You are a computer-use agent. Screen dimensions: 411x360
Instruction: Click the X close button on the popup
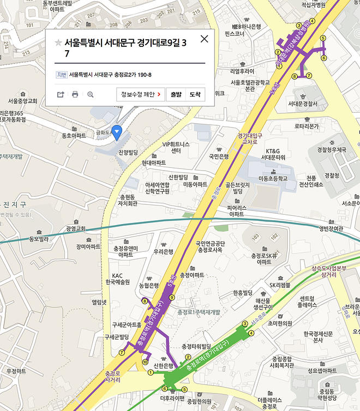point(205,39)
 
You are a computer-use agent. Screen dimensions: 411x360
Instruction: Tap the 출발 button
point(176,94)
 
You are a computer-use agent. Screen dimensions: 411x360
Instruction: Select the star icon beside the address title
point(58,43)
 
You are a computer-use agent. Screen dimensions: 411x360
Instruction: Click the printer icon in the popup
point(75,94)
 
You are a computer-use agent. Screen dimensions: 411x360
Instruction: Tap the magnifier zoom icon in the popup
point(91,94)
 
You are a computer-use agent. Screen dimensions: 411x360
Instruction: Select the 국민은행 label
point(219,156)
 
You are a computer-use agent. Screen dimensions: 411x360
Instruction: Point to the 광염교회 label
point(75,228)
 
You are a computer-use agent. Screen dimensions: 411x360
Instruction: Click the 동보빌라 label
point(39,239)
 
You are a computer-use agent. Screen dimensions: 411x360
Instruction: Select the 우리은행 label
point(163,251)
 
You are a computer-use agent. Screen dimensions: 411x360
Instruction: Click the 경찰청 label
point(332,176)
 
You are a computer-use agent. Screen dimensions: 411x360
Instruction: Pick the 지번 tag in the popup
point(62,75)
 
